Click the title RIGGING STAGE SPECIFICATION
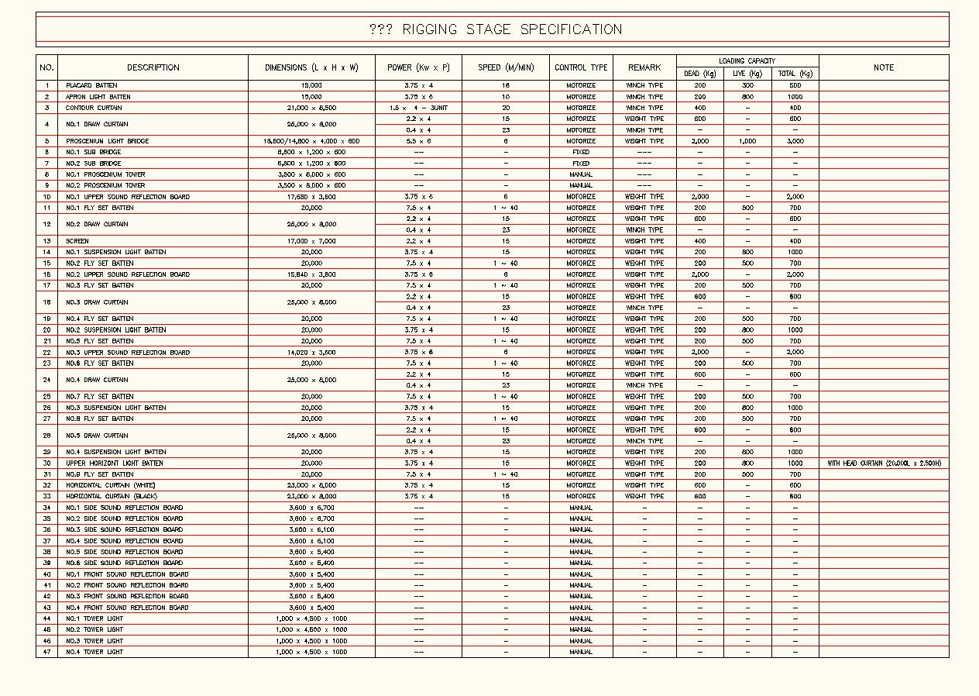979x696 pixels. pos(496,29)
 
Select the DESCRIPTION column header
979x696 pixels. pos(153,67)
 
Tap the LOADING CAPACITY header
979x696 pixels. pos(747,60)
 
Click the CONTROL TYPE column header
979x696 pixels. pos(581,67)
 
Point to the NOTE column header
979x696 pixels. pos(883,67)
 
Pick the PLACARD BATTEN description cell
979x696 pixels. pos(91,85)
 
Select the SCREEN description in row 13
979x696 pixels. pos(77,241)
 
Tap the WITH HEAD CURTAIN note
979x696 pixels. pos(884,463)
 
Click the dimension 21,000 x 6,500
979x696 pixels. pos(311,108)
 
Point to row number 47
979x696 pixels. pos(46,652)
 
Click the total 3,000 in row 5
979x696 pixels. pos(795,141)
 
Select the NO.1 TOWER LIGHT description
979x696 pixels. pos(94,618)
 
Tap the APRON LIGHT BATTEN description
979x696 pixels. pos(98,97)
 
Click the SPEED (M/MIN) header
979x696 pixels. pos(506,67)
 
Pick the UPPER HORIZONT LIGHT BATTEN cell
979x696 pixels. pos(114,463)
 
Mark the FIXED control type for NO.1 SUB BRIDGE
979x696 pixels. pos(581,152)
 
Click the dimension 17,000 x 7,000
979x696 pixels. pos(311,241)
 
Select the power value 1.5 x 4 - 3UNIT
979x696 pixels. pos(418,108)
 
